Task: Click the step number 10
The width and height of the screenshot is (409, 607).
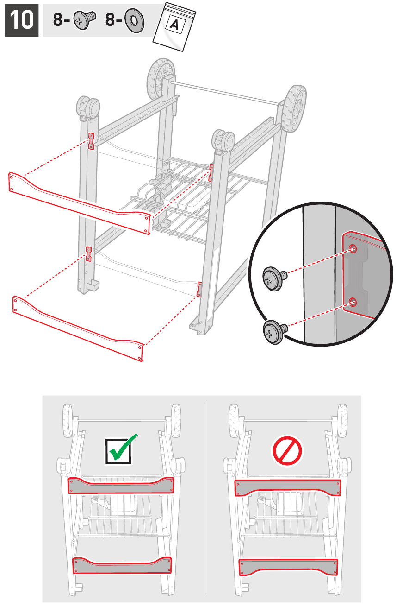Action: click(x=22, y=20)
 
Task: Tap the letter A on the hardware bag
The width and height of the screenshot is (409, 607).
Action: click(x=174, y=25)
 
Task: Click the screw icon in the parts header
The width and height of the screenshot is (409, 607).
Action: click(x=84, y=19)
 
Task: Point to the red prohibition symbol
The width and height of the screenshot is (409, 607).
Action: click(x=287, y=450)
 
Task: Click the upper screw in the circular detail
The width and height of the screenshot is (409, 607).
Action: click(x=274, y=279)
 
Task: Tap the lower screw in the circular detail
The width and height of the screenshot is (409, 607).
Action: click(x=275, y=332)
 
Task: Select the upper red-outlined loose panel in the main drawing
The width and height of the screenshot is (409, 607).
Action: click(x=79, y=203)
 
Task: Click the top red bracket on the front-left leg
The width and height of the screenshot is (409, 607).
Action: click(x=92, y=141)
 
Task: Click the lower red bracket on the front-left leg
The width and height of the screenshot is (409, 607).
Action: click(x=88, y=254)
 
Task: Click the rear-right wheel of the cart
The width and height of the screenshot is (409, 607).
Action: click(x=293, y=108)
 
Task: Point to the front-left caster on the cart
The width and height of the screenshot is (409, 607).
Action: click(x=88, y=107)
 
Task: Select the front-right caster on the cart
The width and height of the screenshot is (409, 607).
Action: click(x=223, y=141)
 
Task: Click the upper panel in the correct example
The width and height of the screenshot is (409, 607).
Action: click(x=121, y=486)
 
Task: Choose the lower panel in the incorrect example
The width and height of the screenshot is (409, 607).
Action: click(x=288, y=567)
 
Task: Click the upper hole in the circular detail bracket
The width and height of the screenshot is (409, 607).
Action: click(x=353, y=248)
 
